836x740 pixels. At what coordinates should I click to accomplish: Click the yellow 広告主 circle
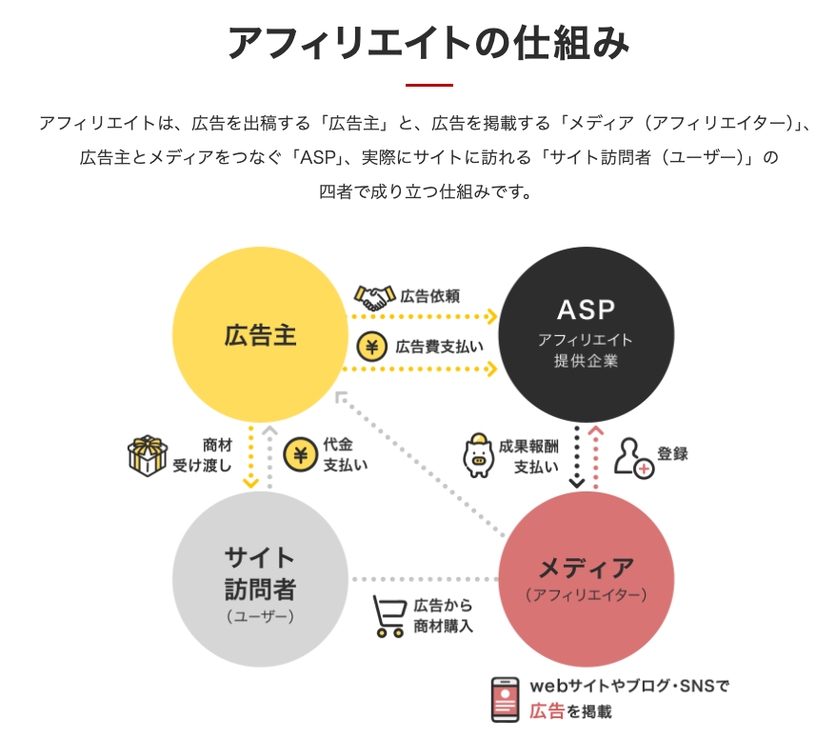coord(260,334)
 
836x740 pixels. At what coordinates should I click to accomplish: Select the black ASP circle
coord(586,334)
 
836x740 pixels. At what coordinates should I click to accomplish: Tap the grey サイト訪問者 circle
coord(260,579)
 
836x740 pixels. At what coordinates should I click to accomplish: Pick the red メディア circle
coord(586,579)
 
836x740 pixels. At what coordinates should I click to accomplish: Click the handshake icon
coord(375,297)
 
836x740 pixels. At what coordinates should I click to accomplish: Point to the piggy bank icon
coord(478,455)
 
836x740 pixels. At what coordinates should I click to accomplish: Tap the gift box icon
coord(148,456)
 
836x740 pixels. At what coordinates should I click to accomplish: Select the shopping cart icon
coord(389,616)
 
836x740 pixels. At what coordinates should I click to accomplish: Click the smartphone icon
coord(505,699)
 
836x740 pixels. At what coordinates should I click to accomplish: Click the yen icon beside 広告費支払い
coord(371,347)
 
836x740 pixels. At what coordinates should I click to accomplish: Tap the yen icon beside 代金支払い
coord(300,455)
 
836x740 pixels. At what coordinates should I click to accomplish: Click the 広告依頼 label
coord(429,296)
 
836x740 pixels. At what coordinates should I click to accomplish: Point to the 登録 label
coord(672,453)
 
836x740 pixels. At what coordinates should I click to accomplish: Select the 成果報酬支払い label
coord(528,456)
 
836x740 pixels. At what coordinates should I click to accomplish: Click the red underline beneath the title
coord(429,85)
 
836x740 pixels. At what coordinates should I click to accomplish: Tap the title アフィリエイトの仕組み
coord(429,43)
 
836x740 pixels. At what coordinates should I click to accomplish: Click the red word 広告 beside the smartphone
coord(547,711)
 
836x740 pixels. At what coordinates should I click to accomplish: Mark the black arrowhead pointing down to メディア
coord(577,483)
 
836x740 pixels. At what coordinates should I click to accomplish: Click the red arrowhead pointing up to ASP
coord(595,430)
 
